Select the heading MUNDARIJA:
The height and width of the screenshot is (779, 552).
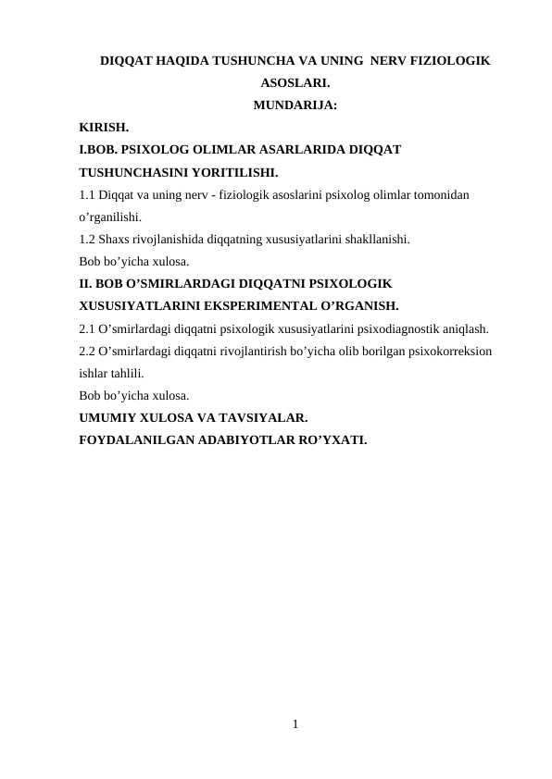click(295, 105)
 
